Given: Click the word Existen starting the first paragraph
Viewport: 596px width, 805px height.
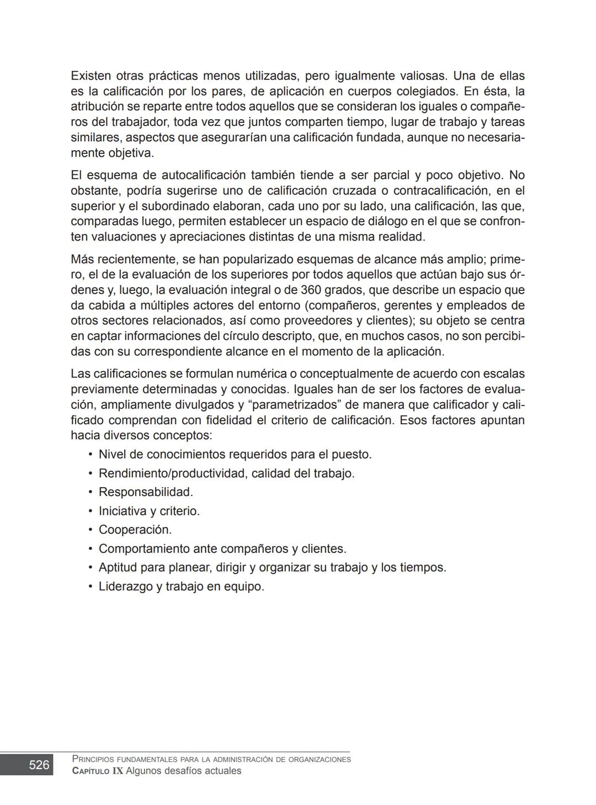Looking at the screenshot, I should coord(91,76).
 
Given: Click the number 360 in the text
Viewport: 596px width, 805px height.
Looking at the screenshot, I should coord(311,290).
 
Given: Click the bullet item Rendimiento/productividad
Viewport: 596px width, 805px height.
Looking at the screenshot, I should coord(173,473).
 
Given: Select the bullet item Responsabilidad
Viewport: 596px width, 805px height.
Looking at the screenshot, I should coord(145,492).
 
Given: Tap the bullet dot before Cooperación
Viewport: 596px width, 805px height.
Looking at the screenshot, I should coord(90,530).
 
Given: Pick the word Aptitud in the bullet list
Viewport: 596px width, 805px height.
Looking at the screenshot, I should coord(118,568).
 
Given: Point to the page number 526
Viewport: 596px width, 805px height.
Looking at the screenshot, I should coord(39,765).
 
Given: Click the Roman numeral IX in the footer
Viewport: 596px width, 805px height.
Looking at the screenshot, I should coord(118,771).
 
